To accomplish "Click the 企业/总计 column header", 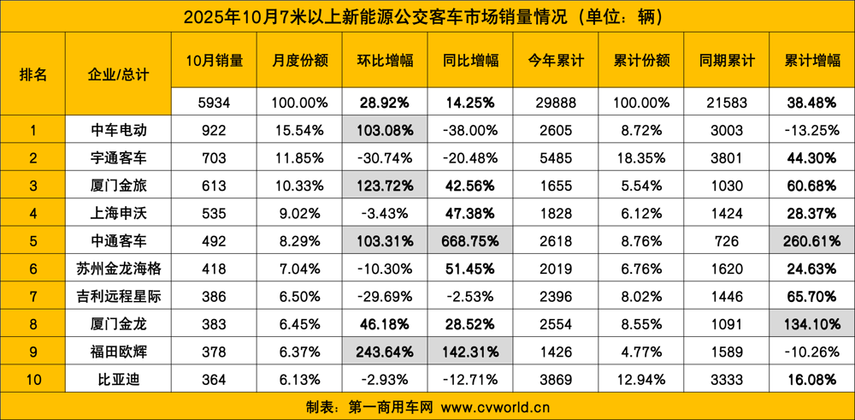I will pyautogui.click(x=118, y=74).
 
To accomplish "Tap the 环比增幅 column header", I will pyautogui.click(x=385, y=60).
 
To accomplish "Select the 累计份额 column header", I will pyautogui.click(x=641, y=60).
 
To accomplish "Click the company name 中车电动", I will pyautogui.click(x=118, y=130).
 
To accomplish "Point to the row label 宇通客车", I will pyautogui.click(x=118, y=157).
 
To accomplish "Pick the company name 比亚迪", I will pyautogui.click(x=118, y=379).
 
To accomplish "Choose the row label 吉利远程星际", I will pyautogui.click(x=118, y=296).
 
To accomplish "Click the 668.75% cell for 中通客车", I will pyautogui.click(x=470, y=241).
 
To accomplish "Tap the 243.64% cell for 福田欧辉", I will pyautogui.click(x=385, y=352).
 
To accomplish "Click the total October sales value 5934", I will pyautogui.click(x=214, y=103).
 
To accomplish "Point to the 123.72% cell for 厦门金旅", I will pyautogui.click(x=385, y=186).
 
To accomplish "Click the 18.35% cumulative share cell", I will pyautogui.click(x=641, y=157).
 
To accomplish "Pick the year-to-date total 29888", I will pyautogui.click(x=556, y=103).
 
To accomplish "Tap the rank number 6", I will pyautogui.click(x=32, y=269).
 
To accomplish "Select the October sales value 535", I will pyautogui.click(x=214, y=213).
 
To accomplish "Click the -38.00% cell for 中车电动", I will pyautogui.click(x=470, y=130).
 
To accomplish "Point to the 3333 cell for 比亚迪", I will pyautogui.click(x=727, y=379).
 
